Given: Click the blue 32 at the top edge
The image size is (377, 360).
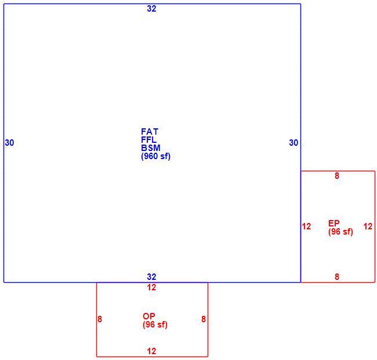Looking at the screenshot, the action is pos(151,9).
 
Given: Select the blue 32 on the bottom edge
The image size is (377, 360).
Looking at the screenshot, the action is pos(151,277).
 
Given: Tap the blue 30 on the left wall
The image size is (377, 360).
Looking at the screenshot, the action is pos(9,143).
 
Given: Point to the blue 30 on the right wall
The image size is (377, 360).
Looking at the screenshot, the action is pos(293,143).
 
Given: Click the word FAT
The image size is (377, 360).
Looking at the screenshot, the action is pos(150,132).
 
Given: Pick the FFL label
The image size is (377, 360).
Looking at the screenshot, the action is pos(148,140).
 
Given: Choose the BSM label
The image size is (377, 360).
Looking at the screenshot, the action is pos(151,147).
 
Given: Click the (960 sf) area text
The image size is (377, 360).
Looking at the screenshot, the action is pos(155,156).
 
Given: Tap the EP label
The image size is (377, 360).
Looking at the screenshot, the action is pos(333,224).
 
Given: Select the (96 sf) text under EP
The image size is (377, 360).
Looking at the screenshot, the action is pos(340,232).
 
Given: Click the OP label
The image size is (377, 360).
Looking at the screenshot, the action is pos(148,316).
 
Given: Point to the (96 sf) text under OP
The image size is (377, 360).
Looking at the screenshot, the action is pos(155,325).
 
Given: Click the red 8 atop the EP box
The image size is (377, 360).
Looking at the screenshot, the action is pos(337,176).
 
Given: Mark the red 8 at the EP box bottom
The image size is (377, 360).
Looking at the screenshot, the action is pos(337,277).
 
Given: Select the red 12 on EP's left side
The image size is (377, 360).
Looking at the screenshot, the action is pos(306,226).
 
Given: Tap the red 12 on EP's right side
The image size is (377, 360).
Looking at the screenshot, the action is pos(368,226).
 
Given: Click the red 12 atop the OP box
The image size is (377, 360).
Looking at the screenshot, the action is pos(151,287).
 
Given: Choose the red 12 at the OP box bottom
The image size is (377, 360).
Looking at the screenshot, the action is pos(151,351).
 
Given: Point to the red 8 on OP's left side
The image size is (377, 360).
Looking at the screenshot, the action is pos(100,319).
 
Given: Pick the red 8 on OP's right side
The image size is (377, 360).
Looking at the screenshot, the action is pos(204,319).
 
